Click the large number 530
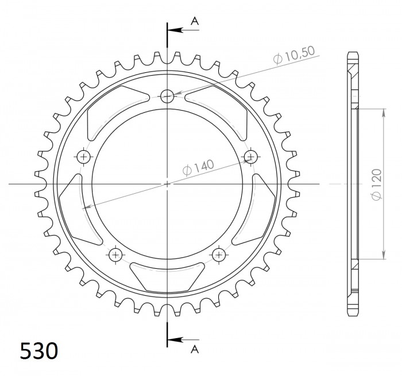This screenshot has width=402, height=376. [39, 351]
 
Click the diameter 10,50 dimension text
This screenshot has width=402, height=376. [294, 55]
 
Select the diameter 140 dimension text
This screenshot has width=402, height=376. [198, 168]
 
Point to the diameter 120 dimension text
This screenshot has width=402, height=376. [376, 184]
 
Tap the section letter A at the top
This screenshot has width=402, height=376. [195, 21]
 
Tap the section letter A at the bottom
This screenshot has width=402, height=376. [195, 349]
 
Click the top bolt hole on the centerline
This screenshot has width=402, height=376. [167, 96]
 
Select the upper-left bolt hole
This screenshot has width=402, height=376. [84, 156]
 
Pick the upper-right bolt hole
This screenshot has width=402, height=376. [250, 156]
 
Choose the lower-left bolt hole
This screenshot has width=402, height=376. [115, 254]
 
